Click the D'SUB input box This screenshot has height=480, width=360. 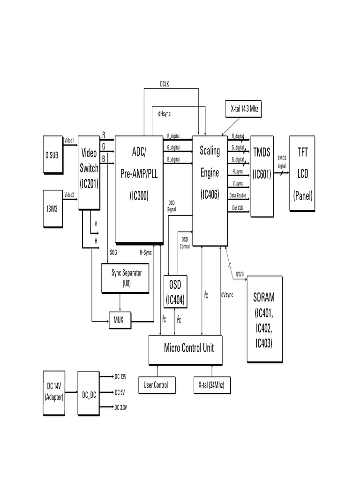tap(52, 155)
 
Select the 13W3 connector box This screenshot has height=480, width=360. tap(52, 209)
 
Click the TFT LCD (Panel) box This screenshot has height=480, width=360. tap(302, 173)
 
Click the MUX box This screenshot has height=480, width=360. tap(120, 321)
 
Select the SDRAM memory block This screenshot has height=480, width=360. tap(264, 319)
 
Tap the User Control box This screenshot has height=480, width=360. tap(157, 385)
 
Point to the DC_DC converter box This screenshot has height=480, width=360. tap(89, 393)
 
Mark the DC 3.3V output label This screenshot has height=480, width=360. tap(120, 408)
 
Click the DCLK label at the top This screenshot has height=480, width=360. tap(165, 84)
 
